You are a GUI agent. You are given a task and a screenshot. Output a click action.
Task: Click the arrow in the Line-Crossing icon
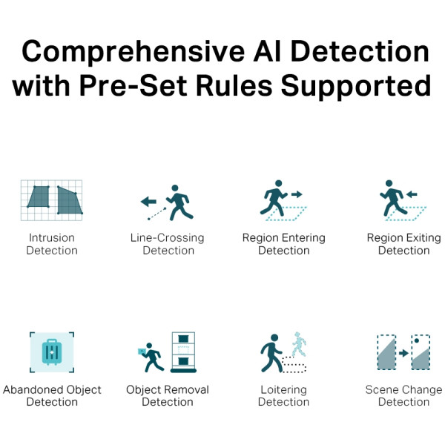coord(149,201)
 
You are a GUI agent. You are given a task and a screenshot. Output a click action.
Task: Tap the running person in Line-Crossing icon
coord(178,202)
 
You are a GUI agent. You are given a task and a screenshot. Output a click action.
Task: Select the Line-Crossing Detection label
coord(168,244)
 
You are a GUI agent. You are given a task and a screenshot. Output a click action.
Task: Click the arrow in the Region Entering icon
coord(296,194)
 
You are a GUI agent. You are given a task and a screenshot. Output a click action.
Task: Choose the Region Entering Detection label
coord(284,244)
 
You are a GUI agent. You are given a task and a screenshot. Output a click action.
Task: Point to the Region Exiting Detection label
coord(403,244)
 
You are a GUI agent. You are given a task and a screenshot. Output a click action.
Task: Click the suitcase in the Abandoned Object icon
coord(52,352)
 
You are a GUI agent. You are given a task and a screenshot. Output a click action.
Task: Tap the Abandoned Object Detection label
coord(52,395)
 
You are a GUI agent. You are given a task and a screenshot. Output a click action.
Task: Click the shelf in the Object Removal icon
coord(182,352)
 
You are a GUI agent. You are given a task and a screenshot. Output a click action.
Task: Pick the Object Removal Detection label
coord(168,395)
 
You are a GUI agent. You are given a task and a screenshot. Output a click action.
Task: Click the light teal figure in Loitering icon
coord(298,343)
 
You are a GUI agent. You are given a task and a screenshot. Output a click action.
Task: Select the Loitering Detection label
coord(284,395)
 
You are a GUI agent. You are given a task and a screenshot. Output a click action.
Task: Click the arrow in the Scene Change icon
coord(403,353)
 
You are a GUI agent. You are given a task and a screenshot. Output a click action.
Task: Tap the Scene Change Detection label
coord(403,395)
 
